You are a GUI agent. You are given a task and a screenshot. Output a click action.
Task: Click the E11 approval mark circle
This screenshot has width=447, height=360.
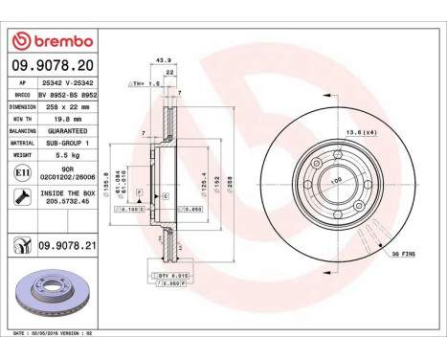[22, 173]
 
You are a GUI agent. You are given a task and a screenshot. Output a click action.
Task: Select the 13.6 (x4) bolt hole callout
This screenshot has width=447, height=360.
[360, 132]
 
